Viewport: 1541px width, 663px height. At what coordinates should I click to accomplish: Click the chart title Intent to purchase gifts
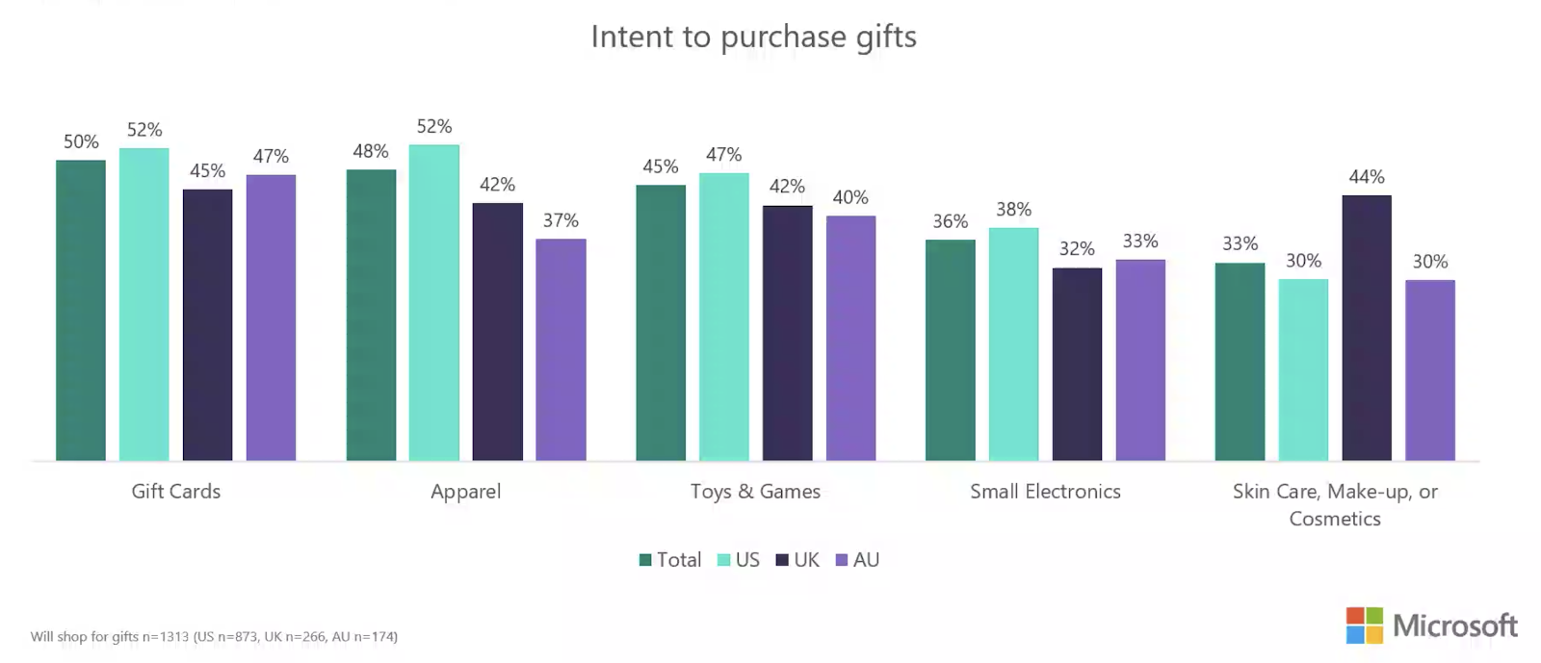pyautogui.click(x=753, y=37)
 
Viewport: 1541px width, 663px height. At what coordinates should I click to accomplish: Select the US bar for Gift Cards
pyautogui.click(x=144, y=304)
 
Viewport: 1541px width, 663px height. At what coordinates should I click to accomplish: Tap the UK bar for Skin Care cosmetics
pyautogui.click(x=1366, y=327)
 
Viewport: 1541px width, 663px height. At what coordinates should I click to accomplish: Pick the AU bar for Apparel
pyautogui.click(x=561, y=349)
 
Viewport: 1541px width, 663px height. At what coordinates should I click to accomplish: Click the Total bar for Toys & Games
pyautogui.click(x=661, y=322)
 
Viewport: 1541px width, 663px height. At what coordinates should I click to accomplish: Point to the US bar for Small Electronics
pyautogui.click(x=1013, y=344)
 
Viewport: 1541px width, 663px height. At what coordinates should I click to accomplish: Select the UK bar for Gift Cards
pyautogui.click(x=207, y=324)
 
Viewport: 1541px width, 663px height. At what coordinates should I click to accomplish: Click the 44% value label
pyautogui.click(x=1366, y=177)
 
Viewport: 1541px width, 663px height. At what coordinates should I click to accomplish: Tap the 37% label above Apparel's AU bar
pyautogui.click(x=561, y=220)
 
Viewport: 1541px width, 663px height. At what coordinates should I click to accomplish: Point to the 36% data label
pyautogui.click(x=950, y=221)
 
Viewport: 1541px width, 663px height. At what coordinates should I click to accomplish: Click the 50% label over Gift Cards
pyautogui.click(x=81, y=141)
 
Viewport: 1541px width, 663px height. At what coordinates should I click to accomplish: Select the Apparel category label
pyautogui.click(x=465, y=492)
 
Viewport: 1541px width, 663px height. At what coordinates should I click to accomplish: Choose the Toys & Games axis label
pyautogui.click(x=755, y=492)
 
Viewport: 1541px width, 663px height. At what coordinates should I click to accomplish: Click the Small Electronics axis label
pyautogui.click(x=1045, y=492)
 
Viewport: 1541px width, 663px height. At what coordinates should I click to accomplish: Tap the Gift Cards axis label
pyautogui.click(x=175, y=492)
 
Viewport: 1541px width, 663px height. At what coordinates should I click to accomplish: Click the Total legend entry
pyautogui.click(x=670, y=560)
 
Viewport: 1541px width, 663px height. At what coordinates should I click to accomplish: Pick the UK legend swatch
pyautogui.click(x=782, y=560)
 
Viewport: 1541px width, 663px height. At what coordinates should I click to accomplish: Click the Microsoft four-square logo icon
pyautogui.click(x=1364, y=625)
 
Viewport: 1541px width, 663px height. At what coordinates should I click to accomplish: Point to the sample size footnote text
pyautogui.click(x=214, y=636)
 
